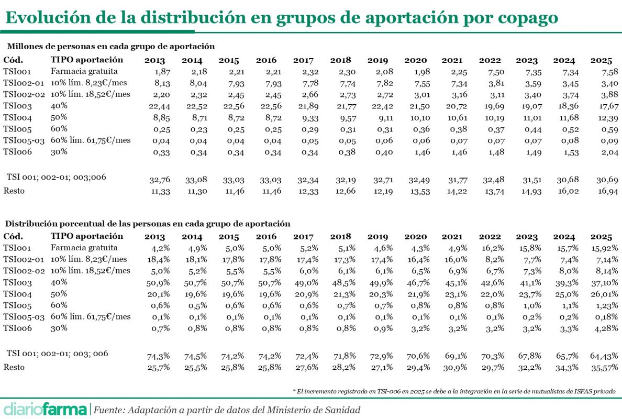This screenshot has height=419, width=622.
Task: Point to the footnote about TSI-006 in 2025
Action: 454,391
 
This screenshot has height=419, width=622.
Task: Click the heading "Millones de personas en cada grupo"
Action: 111,47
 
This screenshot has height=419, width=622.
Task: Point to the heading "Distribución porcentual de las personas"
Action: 149,224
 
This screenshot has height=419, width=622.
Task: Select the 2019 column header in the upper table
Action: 378,60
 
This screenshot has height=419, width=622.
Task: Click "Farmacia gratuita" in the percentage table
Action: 84,248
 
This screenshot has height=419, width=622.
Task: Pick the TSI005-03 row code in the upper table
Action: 24,140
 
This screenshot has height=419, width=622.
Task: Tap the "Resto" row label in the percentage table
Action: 14,367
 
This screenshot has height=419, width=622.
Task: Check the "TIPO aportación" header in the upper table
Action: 87,60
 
